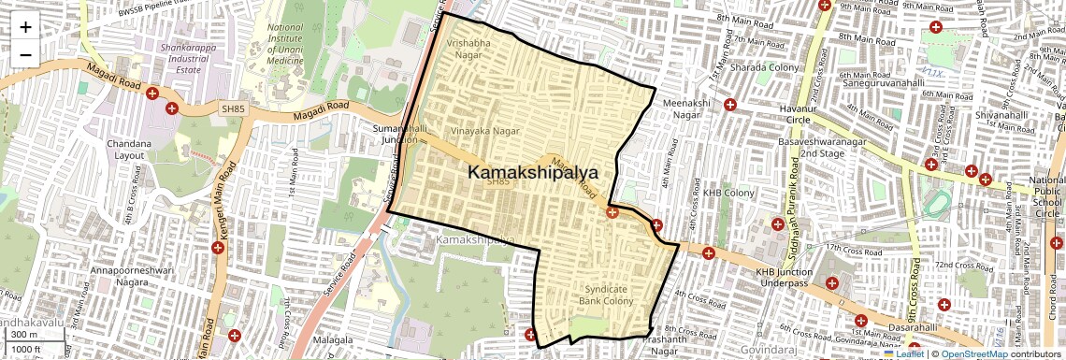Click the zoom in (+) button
click(25, 27)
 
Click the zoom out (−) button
click(25, 54)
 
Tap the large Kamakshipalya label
click(532, 173)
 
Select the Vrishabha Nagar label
click(467, 49)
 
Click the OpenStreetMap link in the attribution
click(973, 353)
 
